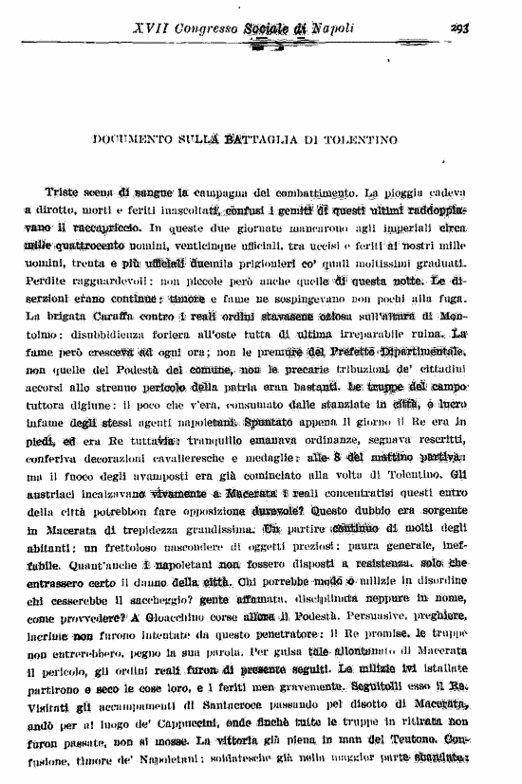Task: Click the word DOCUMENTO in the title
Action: (133, 140)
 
